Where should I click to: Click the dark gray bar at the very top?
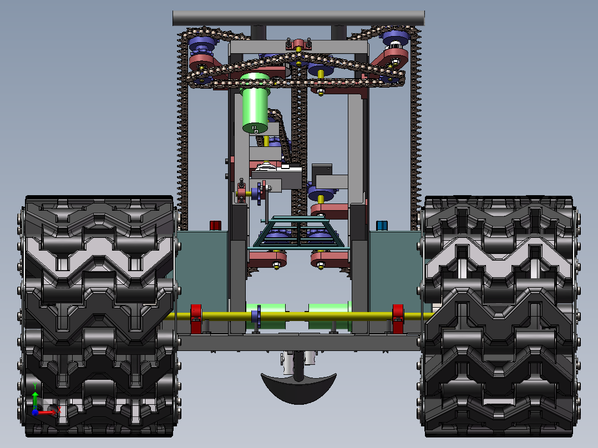tap(298, 18)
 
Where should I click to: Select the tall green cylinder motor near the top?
tap(255, 103)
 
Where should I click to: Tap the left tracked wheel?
tap(99, 316)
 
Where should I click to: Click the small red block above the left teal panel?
tap(215, 225)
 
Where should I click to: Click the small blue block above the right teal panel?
tap(382, 225)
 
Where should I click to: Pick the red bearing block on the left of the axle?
tap(196, 319)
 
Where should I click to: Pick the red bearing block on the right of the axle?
tap(398, 319)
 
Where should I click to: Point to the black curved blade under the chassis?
tap(298, 389)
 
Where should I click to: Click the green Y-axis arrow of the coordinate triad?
tap(35, 399)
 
